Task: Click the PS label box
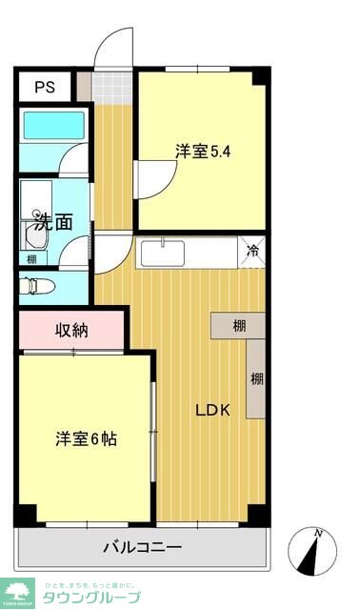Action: click(x=45, y=87)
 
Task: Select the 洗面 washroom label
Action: click(x=53, y=222)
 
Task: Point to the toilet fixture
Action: click(x=37, y=284)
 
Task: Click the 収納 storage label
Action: click(x=70, y=331)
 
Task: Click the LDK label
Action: click(x=213, y=411)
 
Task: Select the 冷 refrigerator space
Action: click(x=253, y=252)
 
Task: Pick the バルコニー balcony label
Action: click(x=142, y=548)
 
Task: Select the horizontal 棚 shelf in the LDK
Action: click(x=239, y=326)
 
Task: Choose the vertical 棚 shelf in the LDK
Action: click(x=256, y=378)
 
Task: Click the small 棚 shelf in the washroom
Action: click(x=32, y=258)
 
